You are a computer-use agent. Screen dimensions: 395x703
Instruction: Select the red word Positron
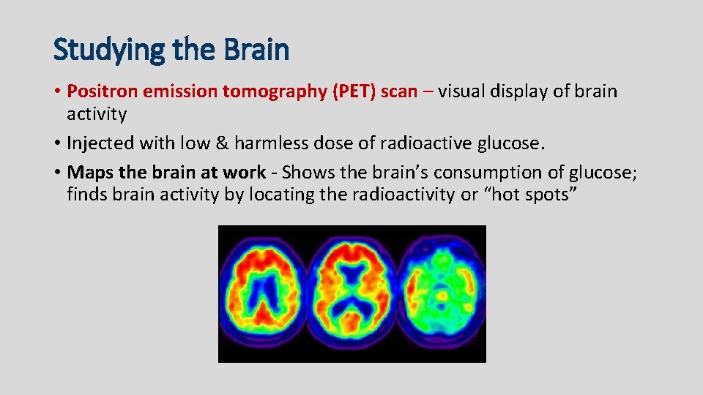pos(102,91)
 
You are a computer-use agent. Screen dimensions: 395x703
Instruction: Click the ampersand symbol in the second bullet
pos(217,144)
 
